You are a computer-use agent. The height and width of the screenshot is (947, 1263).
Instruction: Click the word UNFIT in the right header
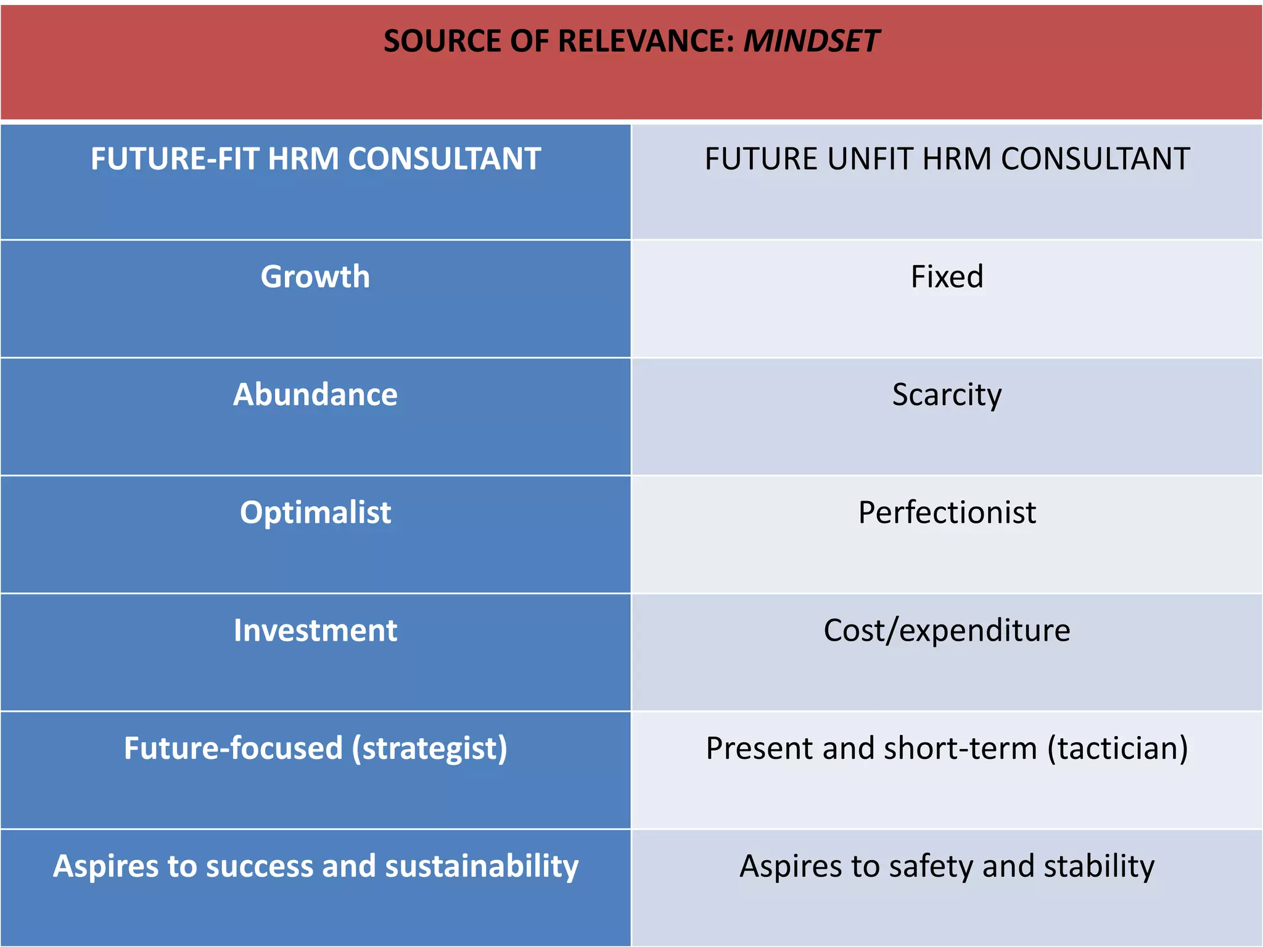(871, 159)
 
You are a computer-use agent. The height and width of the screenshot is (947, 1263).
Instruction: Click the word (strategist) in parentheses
(430, 748)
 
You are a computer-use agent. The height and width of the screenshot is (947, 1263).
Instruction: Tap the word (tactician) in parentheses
(1117, 748)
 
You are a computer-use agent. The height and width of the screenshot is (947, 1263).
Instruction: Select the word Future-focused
(233, 748)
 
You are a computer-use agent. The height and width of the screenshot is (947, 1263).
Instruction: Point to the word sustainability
(482, 866)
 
